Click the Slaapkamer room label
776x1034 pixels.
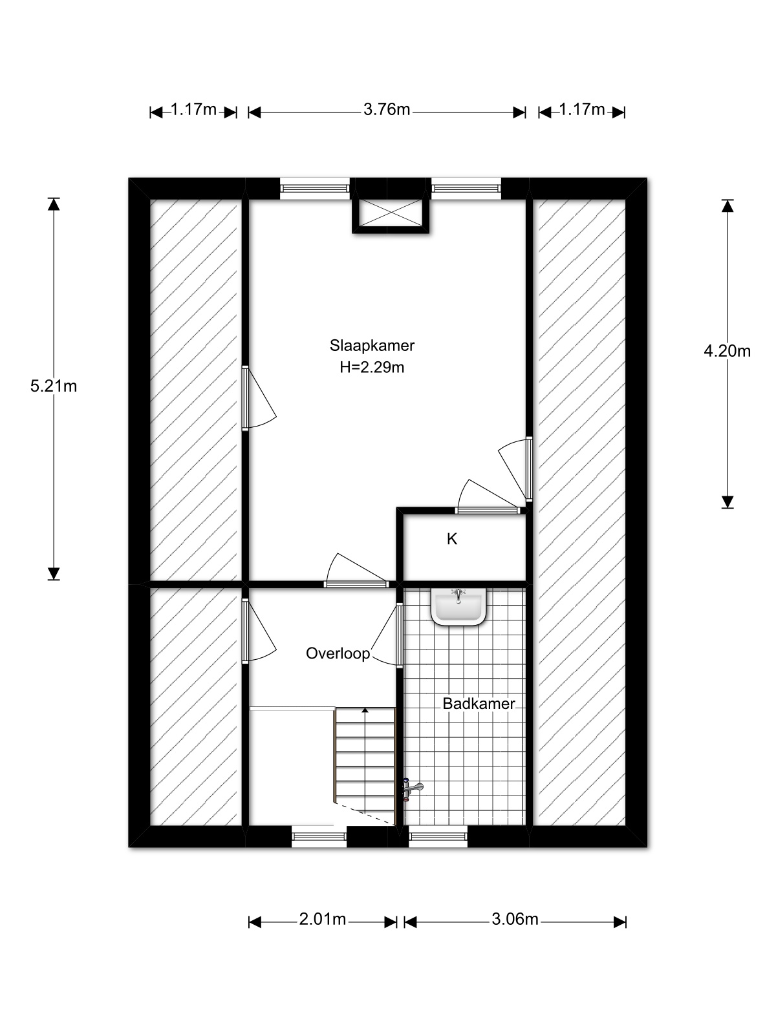(x=372, y=345)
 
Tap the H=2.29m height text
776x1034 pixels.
(x=372, y=367)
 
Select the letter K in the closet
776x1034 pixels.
(x=452, y=539)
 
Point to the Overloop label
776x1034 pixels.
(x=338, y=653)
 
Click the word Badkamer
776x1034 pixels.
(x=479, y=704)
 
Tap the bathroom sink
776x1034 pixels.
(x=458, y=607)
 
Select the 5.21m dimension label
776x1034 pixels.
(x=53, y=386)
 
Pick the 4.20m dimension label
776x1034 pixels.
(x=727, y=351)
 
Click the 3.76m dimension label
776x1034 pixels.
(x=386, y=109)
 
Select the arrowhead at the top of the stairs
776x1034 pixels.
(x=365, y=710)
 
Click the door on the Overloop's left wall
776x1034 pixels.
(x=259, y=631)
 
